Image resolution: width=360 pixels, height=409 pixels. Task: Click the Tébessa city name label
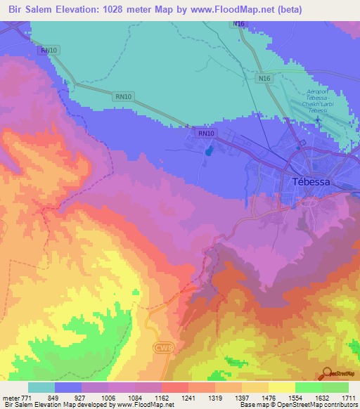tap(310, 181)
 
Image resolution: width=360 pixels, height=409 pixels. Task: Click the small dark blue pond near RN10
tap(207, 150)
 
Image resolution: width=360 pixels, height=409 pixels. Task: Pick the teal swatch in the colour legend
tap(41, 388)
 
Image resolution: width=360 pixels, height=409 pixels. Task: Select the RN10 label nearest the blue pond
tap(206, 133)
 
